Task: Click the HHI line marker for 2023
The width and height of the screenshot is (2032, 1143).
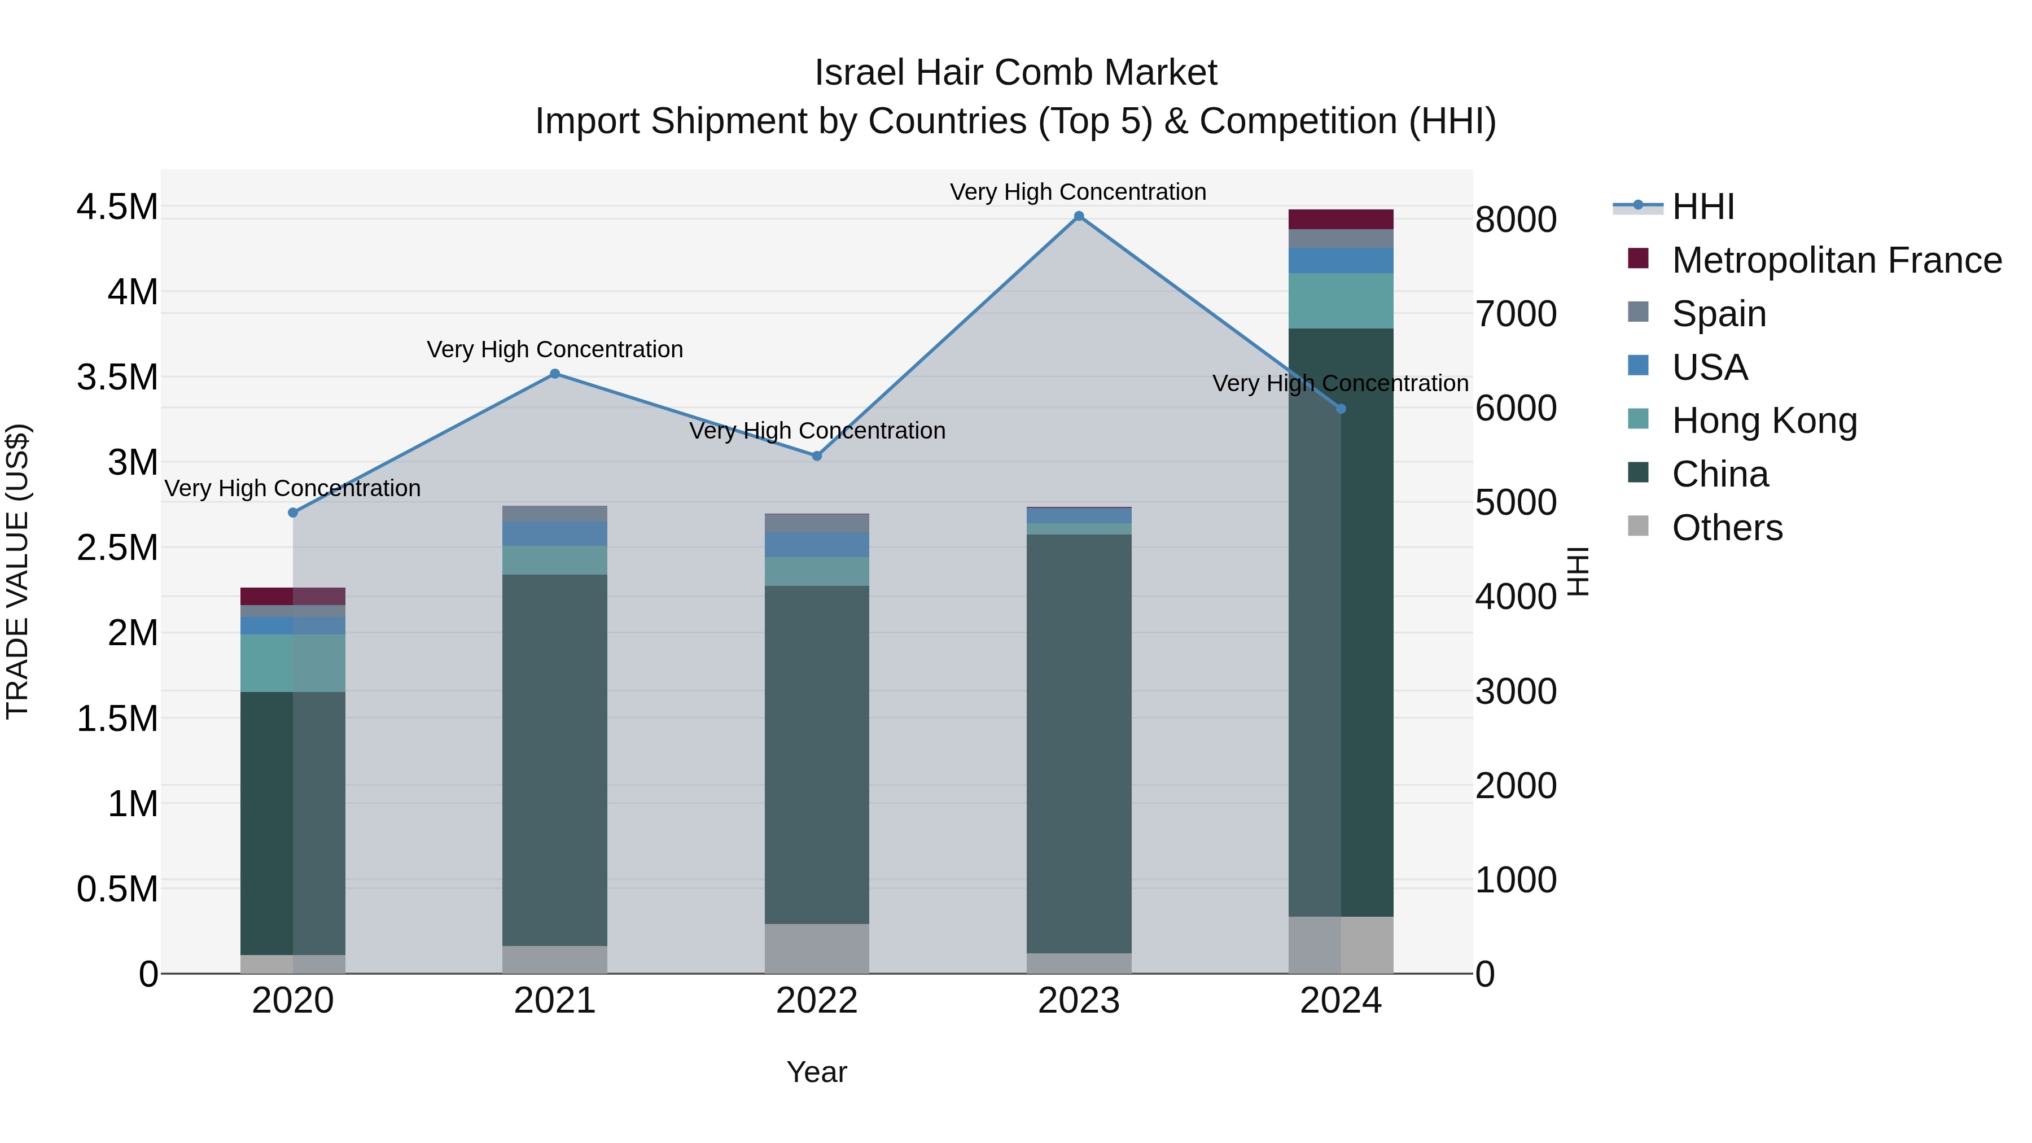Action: (x=1078, y=216)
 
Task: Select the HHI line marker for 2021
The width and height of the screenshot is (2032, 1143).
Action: (x=554, y=374)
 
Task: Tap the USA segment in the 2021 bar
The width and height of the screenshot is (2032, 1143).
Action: (x=554, y=534)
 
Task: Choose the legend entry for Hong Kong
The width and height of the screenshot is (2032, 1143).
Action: (x=1764, y=421)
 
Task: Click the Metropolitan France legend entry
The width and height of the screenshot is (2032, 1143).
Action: (x=1836, y=260)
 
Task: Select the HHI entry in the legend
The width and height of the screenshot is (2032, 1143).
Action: (x=1702, y=207)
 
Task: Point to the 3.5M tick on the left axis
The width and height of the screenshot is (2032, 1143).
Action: (x=117, y=377)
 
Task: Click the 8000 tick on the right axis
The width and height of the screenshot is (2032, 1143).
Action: (x=1516, y=220)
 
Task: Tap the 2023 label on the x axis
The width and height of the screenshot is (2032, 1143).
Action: (x=1078, y=1001)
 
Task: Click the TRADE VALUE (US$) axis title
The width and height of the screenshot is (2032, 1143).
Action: (x=17, y=571)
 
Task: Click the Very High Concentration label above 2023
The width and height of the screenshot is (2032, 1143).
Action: (x=1078, y=192)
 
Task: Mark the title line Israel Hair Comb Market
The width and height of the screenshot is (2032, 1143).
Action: (x=1015, y=73)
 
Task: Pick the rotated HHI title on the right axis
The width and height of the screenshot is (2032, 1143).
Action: (x=1577, y=571)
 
